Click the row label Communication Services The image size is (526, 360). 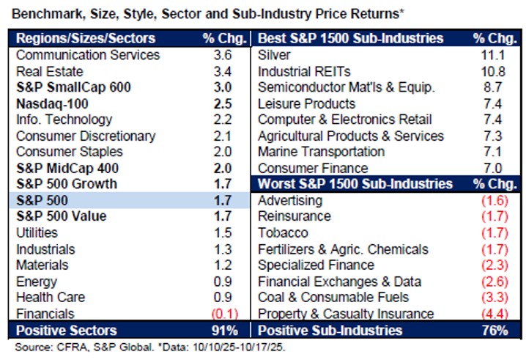click(x=87, y=55)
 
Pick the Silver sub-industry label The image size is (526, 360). click(x=275, y=55)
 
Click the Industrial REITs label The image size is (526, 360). click(x=300, y=71)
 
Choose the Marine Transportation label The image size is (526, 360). click(x=321, y=152)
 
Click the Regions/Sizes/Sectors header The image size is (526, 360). click(x=86, y=38)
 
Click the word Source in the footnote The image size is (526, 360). click(x=29, y=346)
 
